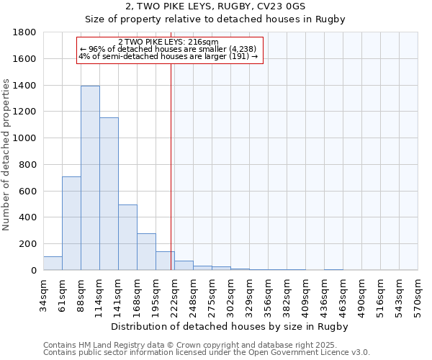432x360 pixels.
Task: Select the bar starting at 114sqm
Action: point(109,194)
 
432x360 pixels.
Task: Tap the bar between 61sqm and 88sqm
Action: point(71,223)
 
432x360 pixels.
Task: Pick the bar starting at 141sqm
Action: point(127,238)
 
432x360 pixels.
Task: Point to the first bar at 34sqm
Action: point(53,264)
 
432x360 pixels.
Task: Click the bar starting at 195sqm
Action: point(165,261)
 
